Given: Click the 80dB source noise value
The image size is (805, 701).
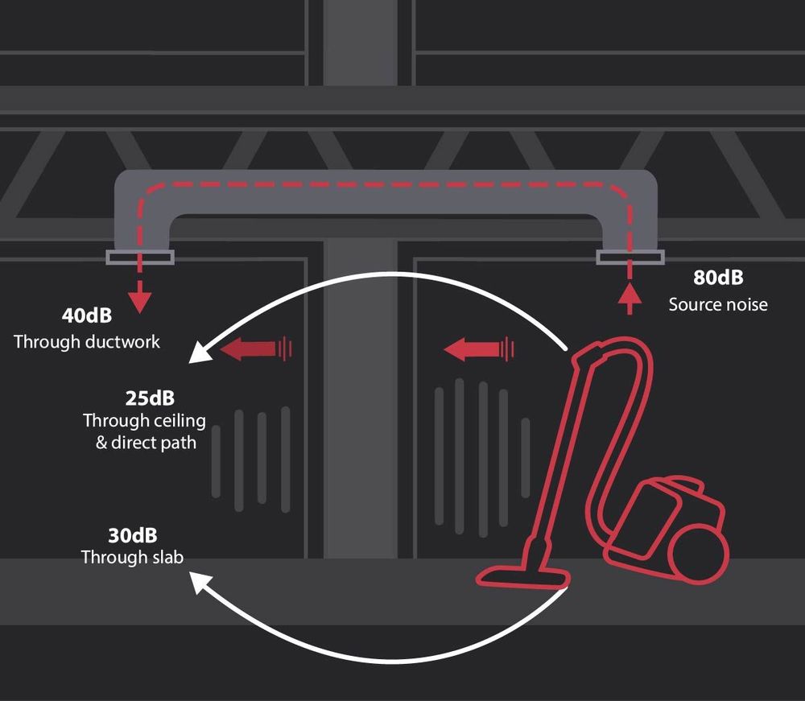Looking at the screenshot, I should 718,278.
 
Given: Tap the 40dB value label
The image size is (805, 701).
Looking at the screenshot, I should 86,315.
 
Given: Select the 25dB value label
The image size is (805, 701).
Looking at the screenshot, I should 150,398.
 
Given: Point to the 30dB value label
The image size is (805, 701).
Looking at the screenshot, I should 133,535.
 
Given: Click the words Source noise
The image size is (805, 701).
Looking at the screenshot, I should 718,304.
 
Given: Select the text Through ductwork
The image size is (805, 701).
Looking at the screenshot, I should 87,341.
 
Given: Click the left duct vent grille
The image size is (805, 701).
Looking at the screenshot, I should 139,258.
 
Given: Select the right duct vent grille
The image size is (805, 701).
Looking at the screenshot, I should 630,258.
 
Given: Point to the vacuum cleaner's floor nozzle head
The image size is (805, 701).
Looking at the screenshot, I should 523,574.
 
